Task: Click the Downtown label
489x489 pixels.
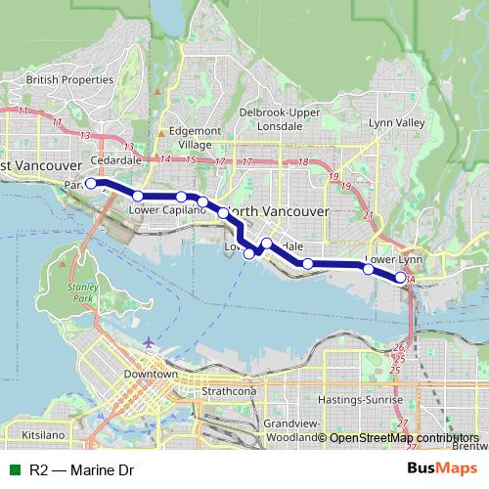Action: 152,376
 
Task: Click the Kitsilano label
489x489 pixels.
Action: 41,431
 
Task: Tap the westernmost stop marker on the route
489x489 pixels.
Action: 90,183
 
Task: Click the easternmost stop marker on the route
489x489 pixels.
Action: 401,278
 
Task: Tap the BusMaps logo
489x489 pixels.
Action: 449,470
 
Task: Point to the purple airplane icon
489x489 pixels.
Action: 147,342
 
